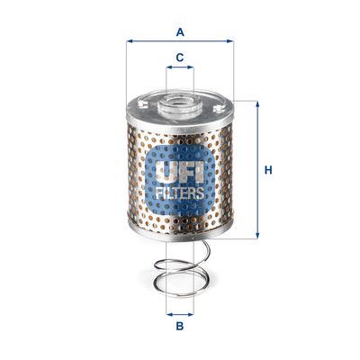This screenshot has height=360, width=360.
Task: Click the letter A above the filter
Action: point(180,32)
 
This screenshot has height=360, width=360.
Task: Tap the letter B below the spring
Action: point(180,328)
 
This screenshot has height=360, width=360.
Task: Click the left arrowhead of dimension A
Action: point(130,41)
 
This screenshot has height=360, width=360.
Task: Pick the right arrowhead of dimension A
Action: point(230,41)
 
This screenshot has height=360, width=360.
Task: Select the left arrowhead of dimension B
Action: point(168,315)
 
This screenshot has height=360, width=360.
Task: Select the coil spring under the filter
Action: point(180,274)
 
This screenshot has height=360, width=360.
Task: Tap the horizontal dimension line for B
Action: point(180,315)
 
